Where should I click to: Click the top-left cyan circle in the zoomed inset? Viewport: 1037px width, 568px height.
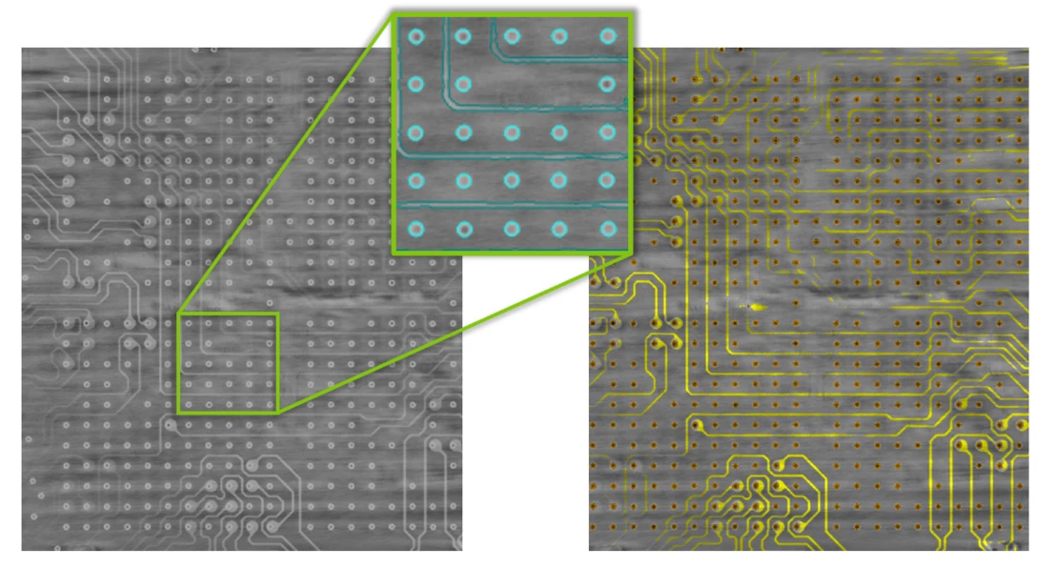416,37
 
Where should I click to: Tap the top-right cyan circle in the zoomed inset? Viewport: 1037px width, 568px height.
607,37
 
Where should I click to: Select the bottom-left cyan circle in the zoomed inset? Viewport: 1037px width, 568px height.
416,229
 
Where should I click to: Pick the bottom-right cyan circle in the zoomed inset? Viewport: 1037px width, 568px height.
607,229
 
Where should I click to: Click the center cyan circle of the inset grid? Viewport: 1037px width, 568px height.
512,132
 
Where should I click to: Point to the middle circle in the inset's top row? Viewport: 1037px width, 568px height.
512,37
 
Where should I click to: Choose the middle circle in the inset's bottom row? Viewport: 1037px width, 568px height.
512,229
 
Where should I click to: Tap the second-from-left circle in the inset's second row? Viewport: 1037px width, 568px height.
463,84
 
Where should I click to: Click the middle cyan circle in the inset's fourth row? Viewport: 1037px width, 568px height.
512,180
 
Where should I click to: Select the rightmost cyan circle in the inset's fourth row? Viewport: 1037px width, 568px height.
607,180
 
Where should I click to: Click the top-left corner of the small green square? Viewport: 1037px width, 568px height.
178,314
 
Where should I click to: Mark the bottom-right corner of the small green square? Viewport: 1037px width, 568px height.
277,412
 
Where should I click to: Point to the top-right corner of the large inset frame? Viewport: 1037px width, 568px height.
631,13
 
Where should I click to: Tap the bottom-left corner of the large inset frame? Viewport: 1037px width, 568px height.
394,253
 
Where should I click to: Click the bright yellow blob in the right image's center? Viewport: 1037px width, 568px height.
756,307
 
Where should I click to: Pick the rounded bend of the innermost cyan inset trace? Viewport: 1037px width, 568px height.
450,99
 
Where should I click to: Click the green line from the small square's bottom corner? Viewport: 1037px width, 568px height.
448,334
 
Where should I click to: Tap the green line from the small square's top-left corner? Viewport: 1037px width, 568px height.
286,162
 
